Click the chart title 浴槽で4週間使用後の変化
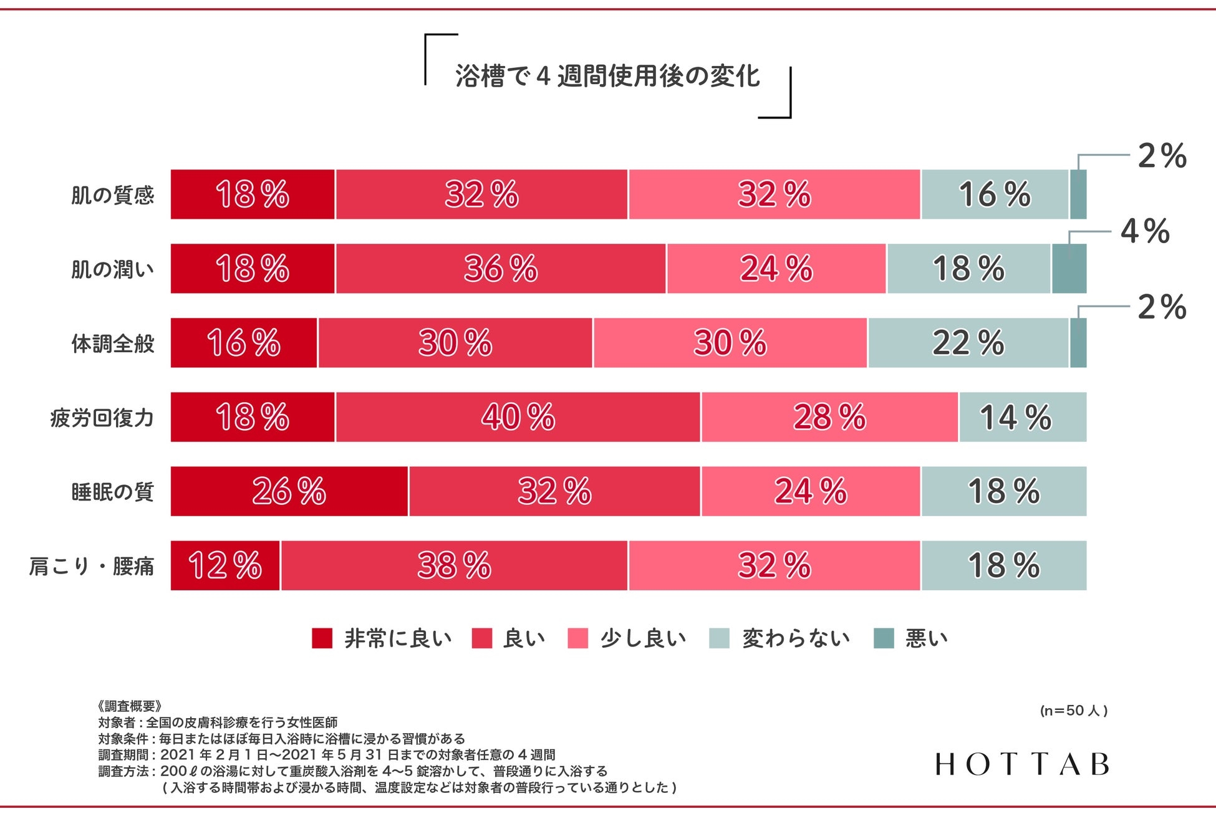point(607,77)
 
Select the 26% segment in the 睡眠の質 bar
point(289,491)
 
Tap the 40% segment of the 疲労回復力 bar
point(518,417)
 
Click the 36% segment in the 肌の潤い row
point(501,269)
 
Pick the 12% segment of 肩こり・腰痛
point(225,565)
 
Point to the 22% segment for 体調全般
point(968,343)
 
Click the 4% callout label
point(1145,231)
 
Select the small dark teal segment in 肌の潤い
point(1069,269)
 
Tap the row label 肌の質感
point(112,195)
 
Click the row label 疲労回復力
point(102,418)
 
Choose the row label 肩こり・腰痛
point(91,566)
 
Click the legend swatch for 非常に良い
point(322,638)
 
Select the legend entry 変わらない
point(796,638)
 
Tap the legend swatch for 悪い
point(884,638)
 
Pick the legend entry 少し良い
point(643,638)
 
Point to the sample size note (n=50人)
point(1073,711)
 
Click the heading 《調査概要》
point(130,706)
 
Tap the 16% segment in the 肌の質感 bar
point(995,194)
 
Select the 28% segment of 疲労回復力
point(829,417)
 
